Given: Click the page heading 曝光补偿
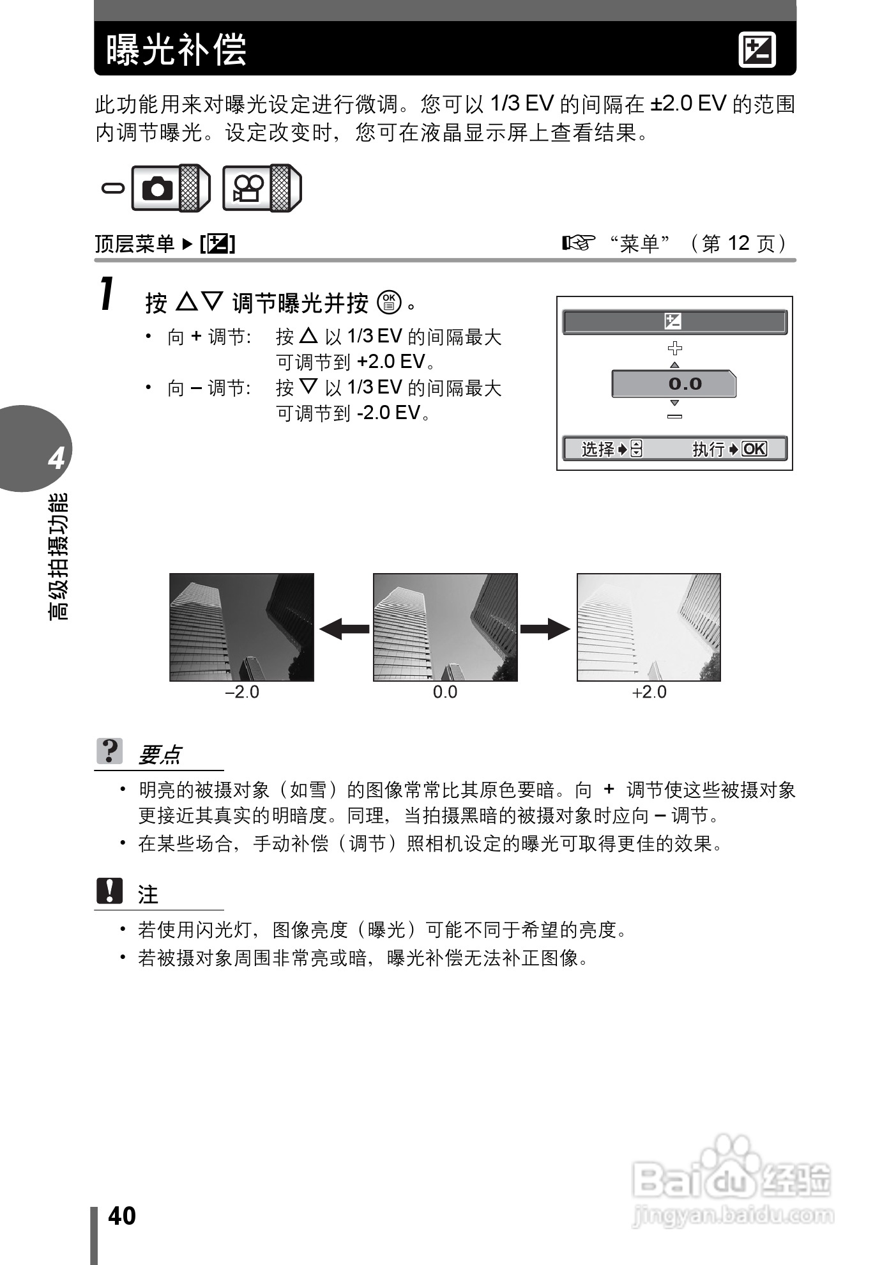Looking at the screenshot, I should coord(176,49).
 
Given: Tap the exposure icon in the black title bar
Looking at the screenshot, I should coord(757,50).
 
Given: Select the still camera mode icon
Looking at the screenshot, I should coord(158,188).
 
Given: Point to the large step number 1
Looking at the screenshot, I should coord(108,295).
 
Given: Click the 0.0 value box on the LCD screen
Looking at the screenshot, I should coord(674,384).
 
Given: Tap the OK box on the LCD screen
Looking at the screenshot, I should coord(754,448).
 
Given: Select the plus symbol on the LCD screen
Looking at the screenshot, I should coord(674,348).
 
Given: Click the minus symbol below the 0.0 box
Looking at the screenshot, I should coord(674,417).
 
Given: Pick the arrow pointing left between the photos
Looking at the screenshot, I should coord(344,629).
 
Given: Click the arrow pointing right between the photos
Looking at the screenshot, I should coord(545,629).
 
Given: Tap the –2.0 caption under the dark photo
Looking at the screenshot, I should coord(242,693).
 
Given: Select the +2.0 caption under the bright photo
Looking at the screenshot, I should coord(649,693).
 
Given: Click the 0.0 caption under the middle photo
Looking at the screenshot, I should coord(445,693).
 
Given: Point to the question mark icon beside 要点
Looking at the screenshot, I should coord(109,751).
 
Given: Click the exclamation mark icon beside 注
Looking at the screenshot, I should coord(109,891).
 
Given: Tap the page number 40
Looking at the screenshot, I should coord(122,1216).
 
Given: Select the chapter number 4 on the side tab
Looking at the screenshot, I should coord(56,459).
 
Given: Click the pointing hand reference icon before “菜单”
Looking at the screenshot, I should coord(578,243).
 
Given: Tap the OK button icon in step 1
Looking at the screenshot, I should coord(389,302).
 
